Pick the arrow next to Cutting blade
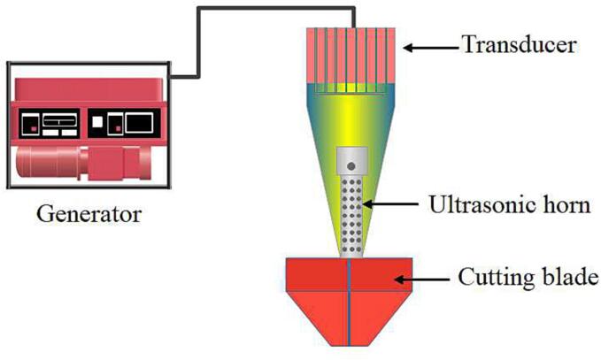[420, 280]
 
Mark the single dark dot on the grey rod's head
[351, 164]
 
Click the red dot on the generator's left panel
[34, 128]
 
